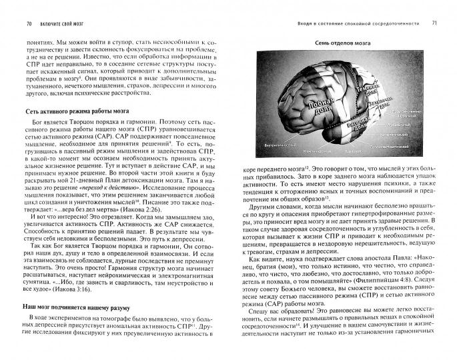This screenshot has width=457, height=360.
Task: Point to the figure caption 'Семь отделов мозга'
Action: coord(346,45)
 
